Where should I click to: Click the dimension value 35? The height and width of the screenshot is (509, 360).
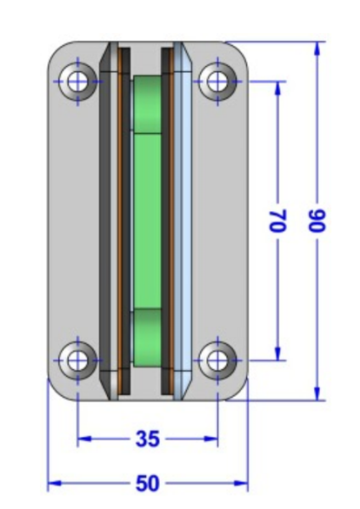coord(148,439)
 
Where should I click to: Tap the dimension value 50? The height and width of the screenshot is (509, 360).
coord(148,484)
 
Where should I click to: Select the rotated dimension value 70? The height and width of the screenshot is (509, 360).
coord(278,221)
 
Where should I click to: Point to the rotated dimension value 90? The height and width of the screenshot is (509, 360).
coord(317,221)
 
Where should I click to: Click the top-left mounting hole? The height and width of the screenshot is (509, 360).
coord(77,81)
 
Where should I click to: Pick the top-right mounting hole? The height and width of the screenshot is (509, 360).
coord(217,81)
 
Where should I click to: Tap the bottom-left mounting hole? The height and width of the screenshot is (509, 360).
coord(77,361)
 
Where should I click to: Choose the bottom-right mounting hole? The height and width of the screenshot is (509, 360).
coord(217,361)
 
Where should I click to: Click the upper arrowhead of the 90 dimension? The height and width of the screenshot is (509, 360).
coord(318,48)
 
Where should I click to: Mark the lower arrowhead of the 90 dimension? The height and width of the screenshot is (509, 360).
coord(318,394)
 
